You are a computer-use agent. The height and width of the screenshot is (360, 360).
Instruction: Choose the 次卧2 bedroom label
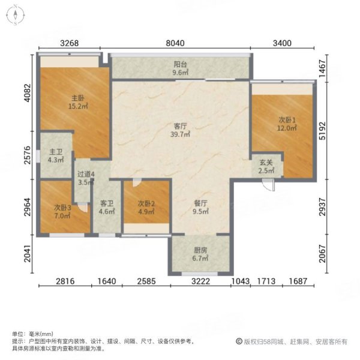point(146,207)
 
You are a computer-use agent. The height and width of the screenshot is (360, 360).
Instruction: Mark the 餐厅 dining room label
point(200,207)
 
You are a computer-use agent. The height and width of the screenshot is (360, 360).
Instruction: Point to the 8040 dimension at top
point(179,43)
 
